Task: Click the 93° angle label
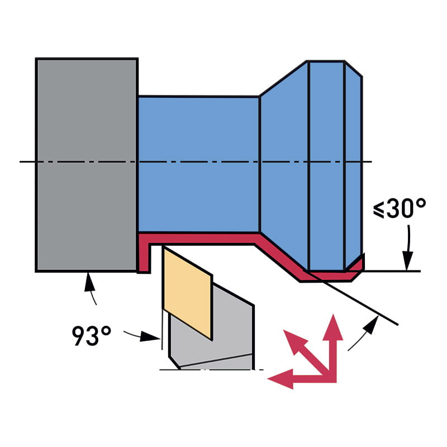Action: (x=92, y=336)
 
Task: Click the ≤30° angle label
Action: (x=400, y=208)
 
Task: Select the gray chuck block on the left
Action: (x=87, y=165)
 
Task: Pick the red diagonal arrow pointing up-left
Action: (x=305, y=351)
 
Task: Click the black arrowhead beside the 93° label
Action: (x=149, y=336)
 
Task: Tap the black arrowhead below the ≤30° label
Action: (x=408, y=260)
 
